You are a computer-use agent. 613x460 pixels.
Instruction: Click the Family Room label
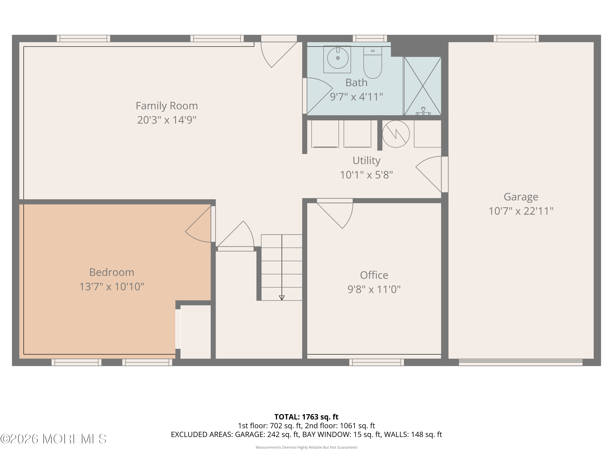167,106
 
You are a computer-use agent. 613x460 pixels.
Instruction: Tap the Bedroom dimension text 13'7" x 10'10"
112,286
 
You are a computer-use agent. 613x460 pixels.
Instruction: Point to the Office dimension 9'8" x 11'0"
374,289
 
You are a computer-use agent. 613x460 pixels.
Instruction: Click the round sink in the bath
338,58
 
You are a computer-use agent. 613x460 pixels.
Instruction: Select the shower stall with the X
422,86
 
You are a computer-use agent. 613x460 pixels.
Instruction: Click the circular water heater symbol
396,134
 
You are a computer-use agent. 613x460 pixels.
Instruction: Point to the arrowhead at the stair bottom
282,298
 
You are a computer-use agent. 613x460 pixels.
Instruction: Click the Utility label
366,160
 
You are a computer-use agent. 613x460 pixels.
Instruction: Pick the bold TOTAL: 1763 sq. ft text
306,417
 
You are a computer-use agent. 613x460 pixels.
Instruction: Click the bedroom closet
195,332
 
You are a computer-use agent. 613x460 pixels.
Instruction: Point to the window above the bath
370,39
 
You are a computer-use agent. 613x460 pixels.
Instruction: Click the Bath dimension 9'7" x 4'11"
356,97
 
